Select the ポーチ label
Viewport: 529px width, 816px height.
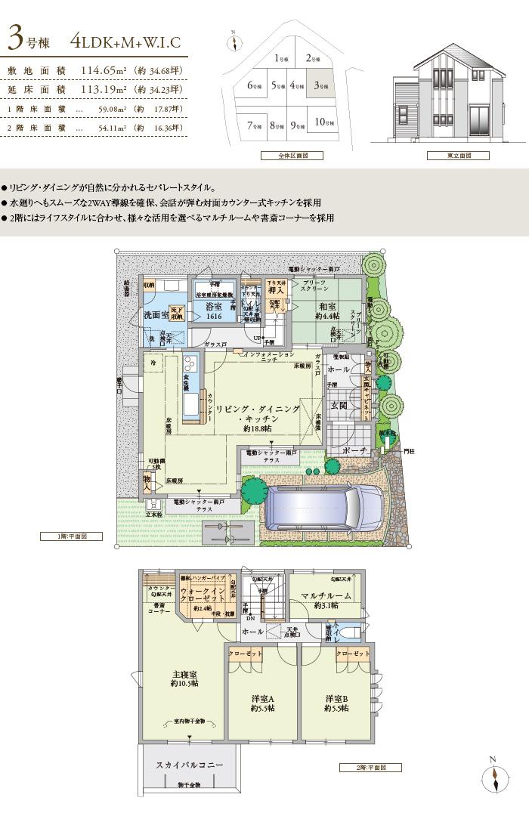[354, 451]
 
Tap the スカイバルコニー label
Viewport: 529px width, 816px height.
[189, 765]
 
